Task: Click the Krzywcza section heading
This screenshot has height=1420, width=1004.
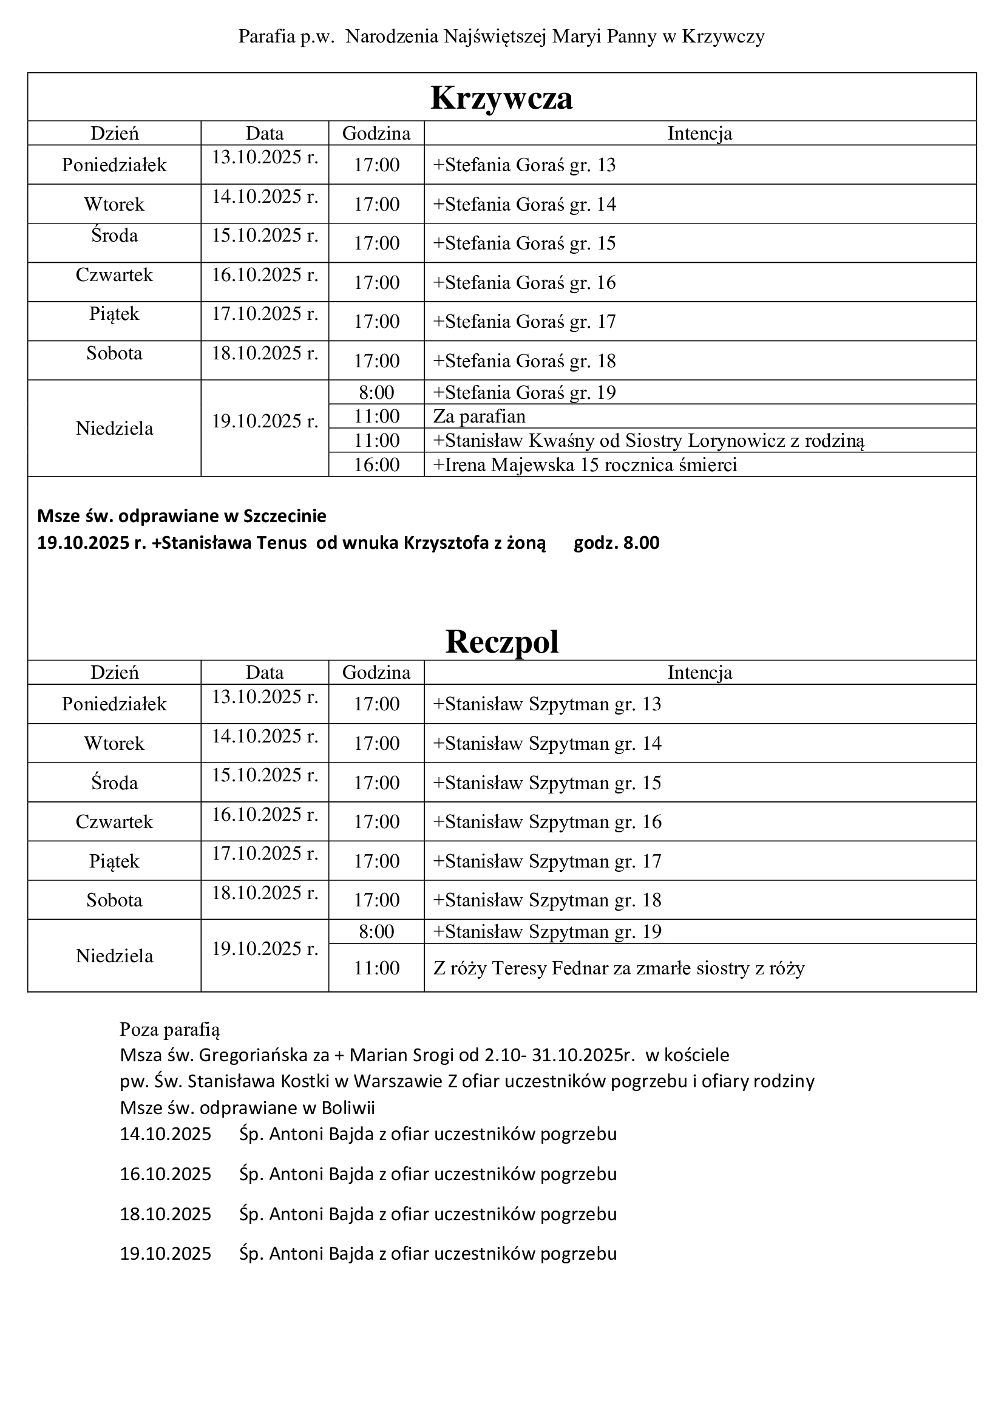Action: [501, 98]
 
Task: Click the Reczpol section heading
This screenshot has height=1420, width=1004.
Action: [501, 641]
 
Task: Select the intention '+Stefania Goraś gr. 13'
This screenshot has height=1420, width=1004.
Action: [524, 165]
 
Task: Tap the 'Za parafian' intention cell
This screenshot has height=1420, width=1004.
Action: [479, 416]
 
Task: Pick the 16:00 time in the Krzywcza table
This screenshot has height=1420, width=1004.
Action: [376, 464]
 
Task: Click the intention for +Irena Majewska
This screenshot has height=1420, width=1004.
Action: [585, 464]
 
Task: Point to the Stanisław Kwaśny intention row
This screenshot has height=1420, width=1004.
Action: [648, 440]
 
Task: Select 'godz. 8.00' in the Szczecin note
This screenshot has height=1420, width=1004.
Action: [616, 543]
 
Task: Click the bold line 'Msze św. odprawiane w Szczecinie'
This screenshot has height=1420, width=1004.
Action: [181, 516]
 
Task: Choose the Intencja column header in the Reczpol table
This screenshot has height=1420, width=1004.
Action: [700, 672]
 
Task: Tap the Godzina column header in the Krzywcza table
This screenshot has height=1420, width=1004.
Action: [376, 134]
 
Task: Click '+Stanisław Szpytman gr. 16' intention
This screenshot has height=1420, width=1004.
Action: [547, 822]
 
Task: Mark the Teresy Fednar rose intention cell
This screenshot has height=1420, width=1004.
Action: [619, 968]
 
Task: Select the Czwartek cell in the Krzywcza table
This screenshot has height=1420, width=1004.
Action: [114, 275]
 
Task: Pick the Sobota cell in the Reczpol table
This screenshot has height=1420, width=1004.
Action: [114, 900]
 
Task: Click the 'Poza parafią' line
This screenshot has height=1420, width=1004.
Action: [170, 1029]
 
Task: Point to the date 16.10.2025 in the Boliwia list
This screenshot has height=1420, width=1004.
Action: [166, 1174]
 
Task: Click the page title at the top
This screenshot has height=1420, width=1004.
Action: [501, 37]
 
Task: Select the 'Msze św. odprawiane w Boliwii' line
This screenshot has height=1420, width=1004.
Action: [247, 1107]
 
